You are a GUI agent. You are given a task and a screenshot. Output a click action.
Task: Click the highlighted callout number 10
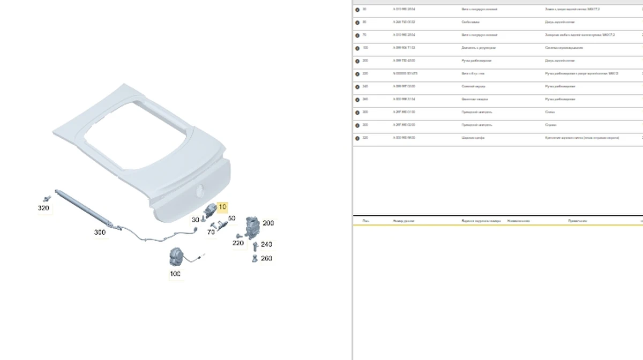pos(222,207)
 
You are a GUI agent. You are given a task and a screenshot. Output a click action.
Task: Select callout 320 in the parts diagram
pos(44,208)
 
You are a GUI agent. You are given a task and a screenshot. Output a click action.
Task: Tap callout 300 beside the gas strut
pos(100,232)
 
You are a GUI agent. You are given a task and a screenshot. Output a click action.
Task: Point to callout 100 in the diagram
pos(175,274)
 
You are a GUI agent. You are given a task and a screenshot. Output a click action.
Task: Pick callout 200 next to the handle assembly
pos(268,223)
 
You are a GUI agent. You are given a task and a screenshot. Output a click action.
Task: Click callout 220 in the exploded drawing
pos(238,243)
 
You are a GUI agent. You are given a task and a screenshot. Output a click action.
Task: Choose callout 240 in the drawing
pos(266,244)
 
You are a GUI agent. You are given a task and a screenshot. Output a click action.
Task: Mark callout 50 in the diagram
pos(231,219)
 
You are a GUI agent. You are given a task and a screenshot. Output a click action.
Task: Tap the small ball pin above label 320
pos(47,198)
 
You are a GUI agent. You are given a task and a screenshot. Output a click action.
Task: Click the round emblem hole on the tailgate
pos(200,190)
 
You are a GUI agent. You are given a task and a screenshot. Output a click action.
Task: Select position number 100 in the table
pos(365,48)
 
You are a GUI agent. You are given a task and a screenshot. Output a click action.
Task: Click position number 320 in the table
pos(365,138)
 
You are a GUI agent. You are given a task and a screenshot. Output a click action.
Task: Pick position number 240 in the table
pos(365,86)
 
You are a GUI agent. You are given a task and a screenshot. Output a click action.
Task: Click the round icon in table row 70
pos(357,35)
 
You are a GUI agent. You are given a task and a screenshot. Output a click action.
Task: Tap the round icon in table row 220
pos(357,73)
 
